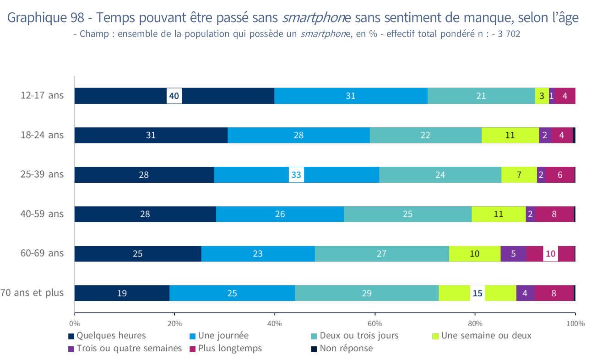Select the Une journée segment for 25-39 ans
(x=256, y=175)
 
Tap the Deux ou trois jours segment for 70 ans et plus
(x=366, y=293)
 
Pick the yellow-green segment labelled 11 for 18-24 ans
(x=510, y=135)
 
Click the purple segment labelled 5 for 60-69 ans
(x=513, y=253)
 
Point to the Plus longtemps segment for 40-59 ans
(x=554, y=214)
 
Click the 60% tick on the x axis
(x=375, y=323)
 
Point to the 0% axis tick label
(x=74, y=323)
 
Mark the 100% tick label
(x=575, y=323)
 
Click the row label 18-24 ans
(x=42, y=135)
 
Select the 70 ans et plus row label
(x=32, y=293)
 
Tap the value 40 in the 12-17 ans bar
(x=174, y=96)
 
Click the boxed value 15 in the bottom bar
(x=478, y=293)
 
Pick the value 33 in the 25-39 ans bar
(x=296, y=175)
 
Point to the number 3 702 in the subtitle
(x=509, y=34)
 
